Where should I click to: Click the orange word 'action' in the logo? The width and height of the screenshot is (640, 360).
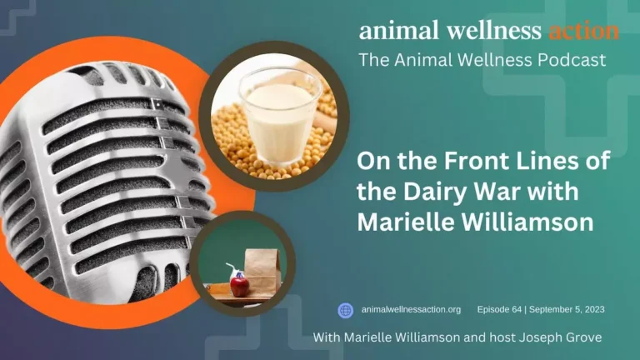pyautogui.click(x=583, y=31)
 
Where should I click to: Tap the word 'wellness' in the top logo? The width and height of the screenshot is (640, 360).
pyautogui.click(x=494, y=31)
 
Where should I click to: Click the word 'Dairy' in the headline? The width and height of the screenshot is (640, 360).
pyautogui.click(x=435, y=192)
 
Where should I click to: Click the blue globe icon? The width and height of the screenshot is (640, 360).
pyautogui.click(x=345, y=310)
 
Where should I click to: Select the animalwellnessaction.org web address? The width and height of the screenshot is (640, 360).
pyautogui.click(x=411, y=310)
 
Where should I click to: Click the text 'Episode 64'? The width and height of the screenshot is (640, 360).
pyautogui.click(x=499, y=310)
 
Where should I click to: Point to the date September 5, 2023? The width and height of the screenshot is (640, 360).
pyautogui.click(x=567, y=310)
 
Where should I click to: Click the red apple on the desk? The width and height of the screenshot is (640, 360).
pyautogui.click(x=240, y=286)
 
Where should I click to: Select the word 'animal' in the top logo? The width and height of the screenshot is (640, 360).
pyautogui.click(x=399, y=31)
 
